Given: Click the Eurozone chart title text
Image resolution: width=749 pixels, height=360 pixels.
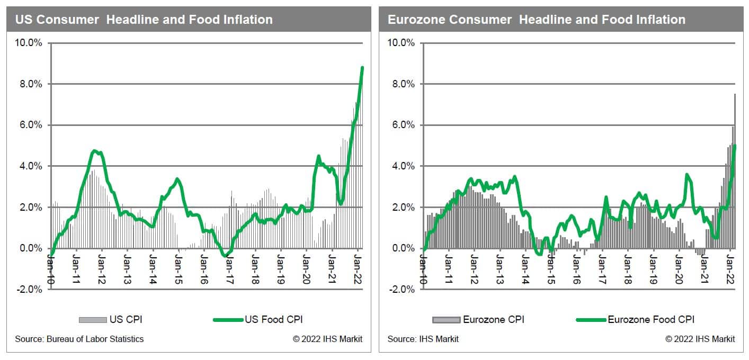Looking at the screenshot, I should [537, 20].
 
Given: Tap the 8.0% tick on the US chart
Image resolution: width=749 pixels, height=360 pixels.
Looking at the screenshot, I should [31, 84].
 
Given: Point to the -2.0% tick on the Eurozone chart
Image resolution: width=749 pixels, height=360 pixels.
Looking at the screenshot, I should [402, 289].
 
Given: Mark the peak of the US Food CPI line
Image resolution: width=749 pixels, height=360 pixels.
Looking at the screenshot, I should [362, 68].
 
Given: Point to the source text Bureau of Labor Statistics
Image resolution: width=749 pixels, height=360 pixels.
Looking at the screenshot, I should [79, 339].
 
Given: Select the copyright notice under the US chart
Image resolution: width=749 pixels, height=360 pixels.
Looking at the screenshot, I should [327, 339].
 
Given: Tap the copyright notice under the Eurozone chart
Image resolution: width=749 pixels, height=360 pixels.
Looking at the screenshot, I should [700, 339].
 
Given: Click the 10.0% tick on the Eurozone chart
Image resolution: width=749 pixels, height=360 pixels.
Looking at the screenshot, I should [402, 43].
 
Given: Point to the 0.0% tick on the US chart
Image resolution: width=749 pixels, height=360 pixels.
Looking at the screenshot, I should [31, 248].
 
